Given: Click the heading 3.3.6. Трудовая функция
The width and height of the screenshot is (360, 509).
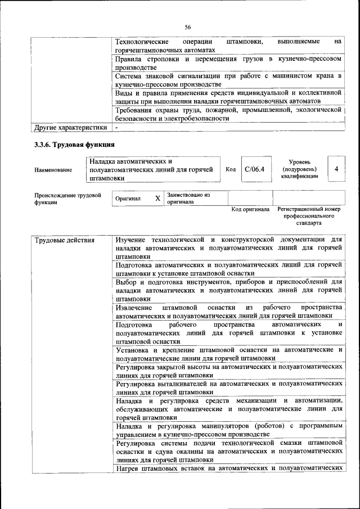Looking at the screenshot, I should (x=71, y=146).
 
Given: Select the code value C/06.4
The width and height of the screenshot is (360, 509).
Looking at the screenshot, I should (x=254, y=169).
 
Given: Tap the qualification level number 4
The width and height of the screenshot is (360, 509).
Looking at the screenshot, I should (x=336, y=169).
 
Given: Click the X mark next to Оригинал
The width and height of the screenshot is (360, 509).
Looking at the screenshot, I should (x=157, y=199).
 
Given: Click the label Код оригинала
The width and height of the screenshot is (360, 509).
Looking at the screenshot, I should (x=250, y=209).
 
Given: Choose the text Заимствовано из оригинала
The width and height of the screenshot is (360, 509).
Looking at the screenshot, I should (x=188, y=198).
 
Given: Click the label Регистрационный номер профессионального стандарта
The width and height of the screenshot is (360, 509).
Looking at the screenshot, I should (x=309, y=216).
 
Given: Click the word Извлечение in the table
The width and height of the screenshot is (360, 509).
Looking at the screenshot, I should (x=133, y=307).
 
